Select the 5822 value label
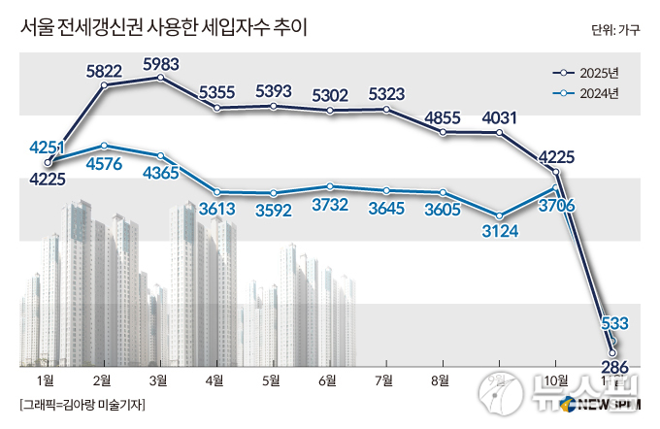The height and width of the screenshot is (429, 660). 104,71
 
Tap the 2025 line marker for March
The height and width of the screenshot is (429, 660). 161,80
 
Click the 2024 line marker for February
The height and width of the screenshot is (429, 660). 104,146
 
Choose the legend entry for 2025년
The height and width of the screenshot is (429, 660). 599,73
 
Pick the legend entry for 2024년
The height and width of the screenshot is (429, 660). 599,93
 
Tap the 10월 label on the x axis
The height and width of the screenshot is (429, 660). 556,379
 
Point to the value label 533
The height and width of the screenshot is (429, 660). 615,322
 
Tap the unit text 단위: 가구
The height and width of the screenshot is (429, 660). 614,28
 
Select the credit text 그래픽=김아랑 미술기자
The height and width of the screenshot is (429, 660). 82,404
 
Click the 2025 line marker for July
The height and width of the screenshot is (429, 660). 387,110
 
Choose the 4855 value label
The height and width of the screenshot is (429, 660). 445,118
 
